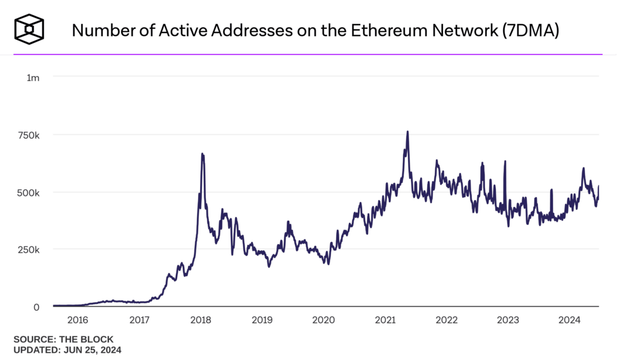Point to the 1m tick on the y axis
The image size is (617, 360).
tap(33, 77)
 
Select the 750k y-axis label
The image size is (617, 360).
tap(28, 135)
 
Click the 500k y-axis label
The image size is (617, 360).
tap(28, 192)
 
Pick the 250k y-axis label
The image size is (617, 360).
tap(28, 250)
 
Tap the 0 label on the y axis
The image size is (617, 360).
tap(37, 307)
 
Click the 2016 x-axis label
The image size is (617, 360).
tap(78, 320)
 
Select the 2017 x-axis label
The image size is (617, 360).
tap(139, 320)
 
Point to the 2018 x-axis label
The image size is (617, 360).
tap(201, 320)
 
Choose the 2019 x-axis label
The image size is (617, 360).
tap(262, 320)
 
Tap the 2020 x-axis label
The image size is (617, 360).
tap(323, 320)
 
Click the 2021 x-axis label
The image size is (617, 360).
tap(384, 320)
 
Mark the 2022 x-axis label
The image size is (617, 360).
tap(446, 320)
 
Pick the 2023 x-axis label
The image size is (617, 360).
tap(507, 320)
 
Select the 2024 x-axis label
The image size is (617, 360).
tap(568, 320)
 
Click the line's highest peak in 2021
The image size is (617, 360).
tap(408, 131)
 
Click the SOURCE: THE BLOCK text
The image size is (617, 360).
tap(63, 339)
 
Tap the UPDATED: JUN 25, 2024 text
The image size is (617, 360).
tap(67, 349)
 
